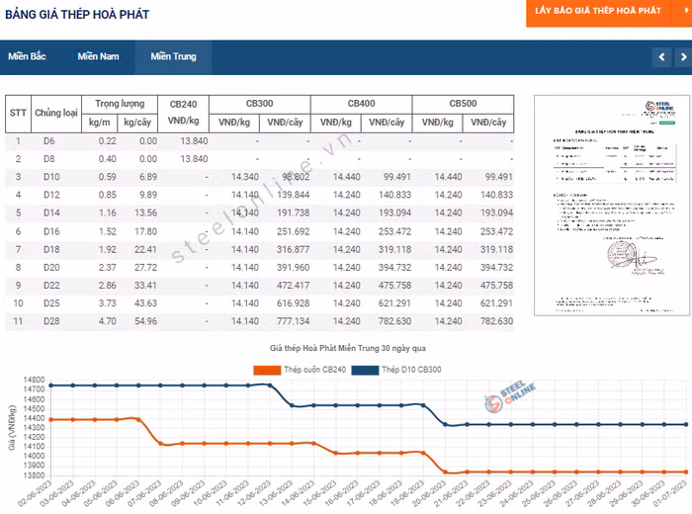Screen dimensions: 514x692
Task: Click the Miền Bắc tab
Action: point(28,56)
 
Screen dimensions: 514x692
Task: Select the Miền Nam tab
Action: point(98,56)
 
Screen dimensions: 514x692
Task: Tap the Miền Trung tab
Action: point(173,56)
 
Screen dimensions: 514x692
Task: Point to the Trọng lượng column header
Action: point(120,104)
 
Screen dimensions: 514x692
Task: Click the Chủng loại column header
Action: point(56,113)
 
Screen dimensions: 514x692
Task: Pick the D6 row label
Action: point(49,141)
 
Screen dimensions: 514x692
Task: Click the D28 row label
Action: point(51,321)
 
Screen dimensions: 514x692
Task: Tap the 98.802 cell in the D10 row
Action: point(295,177)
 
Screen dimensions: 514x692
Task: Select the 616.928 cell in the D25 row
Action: point(294,303)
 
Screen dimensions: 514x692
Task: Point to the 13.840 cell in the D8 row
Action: point(194,159)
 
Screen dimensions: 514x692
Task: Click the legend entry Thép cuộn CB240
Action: point(297,370)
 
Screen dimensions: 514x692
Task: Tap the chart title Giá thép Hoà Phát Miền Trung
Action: point(347,349)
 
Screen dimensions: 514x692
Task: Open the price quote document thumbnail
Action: point(603,205)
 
